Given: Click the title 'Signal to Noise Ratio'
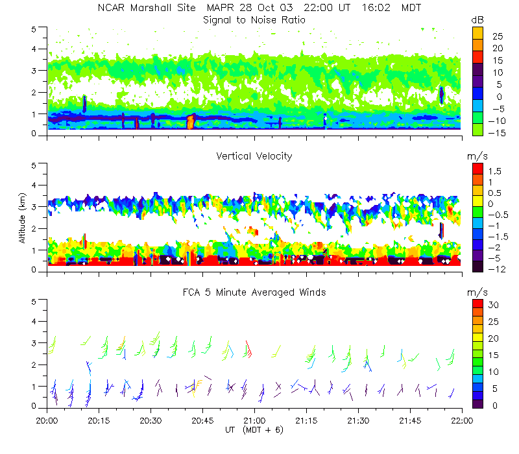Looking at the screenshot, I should coord(254,20).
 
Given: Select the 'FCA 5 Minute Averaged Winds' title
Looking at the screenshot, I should coord(254,293).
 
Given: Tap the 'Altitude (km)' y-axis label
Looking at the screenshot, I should coord(23,217).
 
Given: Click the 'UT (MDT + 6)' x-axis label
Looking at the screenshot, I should coord(255,429).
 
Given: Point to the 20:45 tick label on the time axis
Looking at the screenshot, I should coord(202,420).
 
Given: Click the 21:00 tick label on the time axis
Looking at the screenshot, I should coord(254,420).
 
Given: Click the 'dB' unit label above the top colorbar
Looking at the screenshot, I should coord(477,21).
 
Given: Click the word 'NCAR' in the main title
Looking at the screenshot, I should coord(112,8).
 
